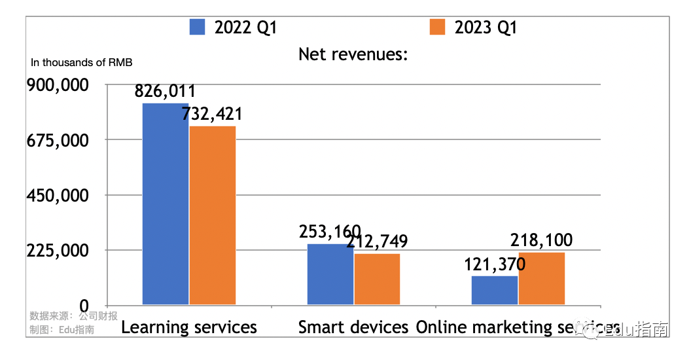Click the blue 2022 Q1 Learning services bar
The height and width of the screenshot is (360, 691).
pyautogui.click(x=166, y=204)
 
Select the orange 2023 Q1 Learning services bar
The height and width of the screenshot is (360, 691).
pyautogui.click(x=213, y=215)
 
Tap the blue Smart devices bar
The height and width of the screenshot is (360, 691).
pyautogui.click(x=330, y=274)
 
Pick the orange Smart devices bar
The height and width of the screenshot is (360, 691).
pyautogui.click(x=377, y=279)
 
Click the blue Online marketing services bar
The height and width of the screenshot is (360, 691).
pyautogui.click(x=495, y=290)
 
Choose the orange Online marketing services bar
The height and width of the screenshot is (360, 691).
pyautogui.click(x=542, y=278)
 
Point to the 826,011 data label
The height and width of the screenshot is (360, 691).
pyautogui.click(x=165, y=92)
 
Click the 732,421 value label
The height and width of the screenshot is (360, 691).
pyautogui.click(x=212, y=114)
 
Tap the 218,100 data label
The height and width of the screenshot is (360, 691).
pyautogui.click(x=542, y=240)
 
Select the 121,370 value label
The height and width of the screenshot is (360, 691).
pyautogui.click(x=495, y=264)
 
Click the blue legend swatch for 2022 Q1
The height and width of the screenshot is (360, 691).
pyautogui.click(x=198, y=27)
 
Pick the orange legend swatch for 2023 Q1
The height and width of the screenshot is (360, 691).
pyautogui.click(x=437, y=27)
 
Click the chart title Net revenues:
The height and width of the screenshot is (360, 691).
pyautogui.click(x=353, y=54)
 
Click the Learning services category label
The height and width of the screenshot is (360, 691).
pyautogui.click(x=189, y=327)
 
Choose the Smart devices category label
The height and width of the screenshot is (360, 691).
pyautogui.click(x=353, y=327)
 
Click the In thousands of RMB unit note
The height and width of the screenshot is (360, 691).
pyautogui.click(x=82, y=63)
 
